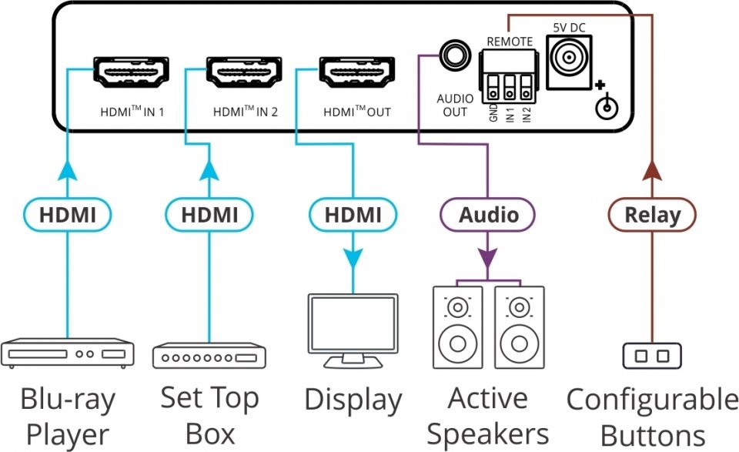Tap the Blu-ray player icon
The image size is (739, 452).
pyautogui.click(x=68, y=353)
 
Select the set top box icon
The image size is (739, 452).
pyautogui.click(x=209, y=356)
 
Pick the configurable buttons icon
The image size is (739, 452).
pyautogui.click(x=651, y=356)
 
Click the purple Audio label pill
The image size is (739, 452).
pyautogui.click(x=487, y=215)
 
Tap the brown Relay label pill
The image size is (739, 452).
pyautogui.click(x=651, y=215)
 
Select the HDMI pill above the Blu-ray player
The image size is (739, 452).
pyautogui.click(x=67, y=215)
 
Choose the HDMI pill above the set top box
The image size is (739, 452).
pyautogui.click(x=209, y=215)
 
